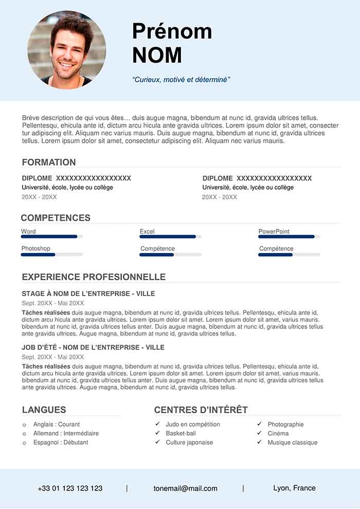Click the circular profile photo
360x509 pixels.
(x=67, y=50)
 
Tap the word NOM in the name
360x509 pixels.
(x=157, y=55)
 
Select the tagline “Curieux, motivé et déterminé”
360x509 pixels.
(x=181, y=80)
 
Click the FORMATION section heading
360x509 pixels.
(x=49, y=162)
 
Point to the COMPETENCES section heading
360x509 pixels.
(x=56, y=218)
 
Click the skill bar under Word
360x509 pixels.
(x=51, y=237)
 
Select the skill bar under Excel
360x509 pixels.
(x=170, y=237)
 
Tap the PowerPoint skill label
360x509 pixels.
(x=274, y=231)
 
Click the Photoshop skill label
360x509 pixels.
(x=35, y=248)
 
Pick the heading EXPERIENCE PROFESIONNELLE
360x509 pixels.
(x=94, y=277)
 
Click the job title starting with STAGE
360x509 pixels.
(x=88, y=294)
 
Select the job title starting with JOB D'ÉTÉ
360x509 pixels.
(x=93, y=348)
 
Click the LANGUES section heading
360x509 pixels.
(x=44, y=410)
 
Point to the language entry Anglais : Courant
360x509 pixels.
(x=57, y=424)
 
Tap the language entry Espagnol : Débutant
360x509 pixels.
(x=61, y=442)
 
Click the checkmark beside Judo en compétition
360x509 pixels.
(x=157, y=424)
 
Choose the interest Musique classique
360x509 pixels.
(x=292, y=442)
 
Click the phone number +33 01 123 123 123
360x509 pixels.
(x=70, y=488)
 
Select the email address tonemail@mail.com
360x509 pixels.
(x=185, y=488)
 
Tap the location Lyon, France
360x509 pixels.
(x=294, y=488)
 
